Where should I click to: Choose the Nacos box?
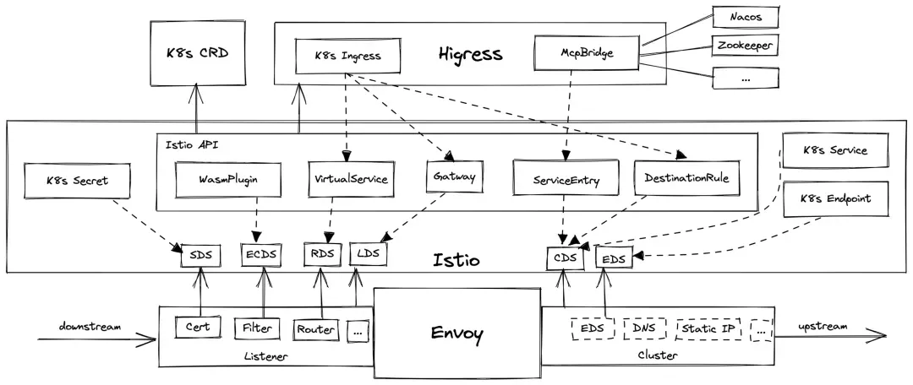[x=743, y=16]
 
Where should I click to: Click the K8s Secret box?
[x=78, y=179]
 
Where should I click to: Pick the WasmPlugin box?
[x=227, y=178]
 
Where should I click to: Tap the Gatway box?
[x=453, y=177]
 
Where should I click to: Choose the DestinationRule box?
[x=685, y=178]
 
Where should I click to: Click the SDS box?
[x=200, y=254]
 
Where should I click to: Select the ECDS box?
[x=261, y=254]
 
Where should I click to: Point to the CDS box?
[x=565, y=257]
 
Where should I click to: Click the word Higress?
[x=470, y=55]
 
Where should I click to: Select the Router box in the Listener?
[x=316, y=329]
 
